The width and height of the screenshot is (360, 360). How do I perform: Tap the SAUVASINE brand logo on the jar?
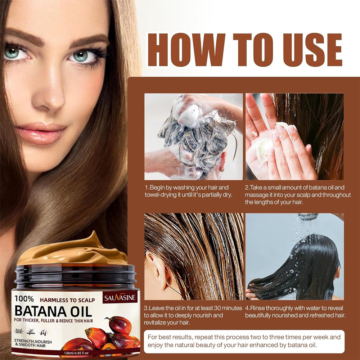[x=120, y=298]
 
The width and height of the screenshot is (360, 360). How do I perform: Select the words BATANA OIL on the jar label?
[x=53, y=311]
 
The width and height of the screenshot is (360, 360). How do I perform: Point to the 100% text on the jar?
[x=24, y=299]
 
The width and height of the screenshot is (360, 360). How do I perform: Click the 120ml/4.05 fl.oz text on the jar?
[x=76, y=353]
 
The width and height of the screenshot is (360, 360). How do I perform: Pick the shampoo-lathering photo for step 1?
[x=193, y=136]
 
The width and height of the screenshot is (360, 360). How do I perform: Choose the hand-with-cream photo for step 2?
[x=294, y=136]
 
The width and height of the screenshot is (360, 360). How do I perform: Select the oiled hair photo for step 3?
[x=193, y=256]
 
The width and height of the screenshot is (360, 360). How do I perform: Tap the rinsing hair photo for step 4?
[x=294, y=256]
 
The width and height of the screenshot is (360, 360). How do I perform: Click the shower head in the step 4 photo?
[x=308, y=216]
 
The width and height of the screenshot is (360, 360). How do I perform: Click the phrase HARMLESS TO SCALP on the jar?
[x=67, y=300]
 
